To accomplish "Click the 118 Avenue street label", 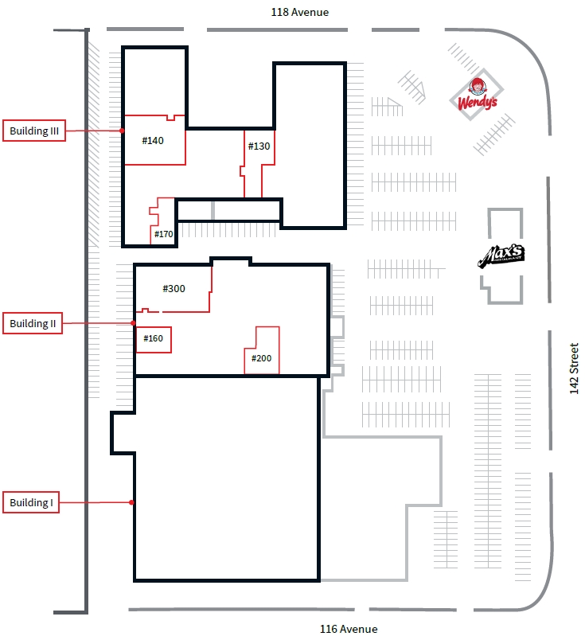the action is tap(300, 12).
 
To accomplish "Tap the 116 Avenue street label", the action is tap(349, 629).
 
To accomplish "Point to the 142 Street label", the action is tap(574, 369).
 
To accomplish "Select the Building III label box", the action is tap(34, 131).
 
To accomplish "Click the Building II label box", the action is tap(33, 323).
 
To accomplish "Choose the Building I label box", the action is tap(31, 502).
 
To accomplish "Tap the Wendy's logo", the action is tap(477, 95).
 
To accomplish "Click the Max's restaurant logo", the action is tap(501, 256).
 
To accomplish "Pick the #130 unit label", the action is tap(259, 146).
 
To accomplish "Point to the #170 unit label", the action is tap(163, 234).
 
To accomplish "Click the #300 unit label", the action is tap(174, 288).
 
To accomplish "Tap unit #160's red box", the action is tap(153, 340).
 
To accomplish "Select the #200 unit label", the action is tap(261, 358).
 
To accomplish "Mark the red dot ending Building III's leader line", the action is tap(122, 131).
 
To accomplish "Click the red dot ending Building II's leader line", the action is tap(133, 323).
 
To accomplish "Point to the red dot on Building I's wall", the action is tap(131, 502).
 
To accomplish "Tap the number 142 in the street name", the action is tap(574, 385).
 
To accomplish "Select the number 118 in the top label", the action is tap(279, 12).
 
